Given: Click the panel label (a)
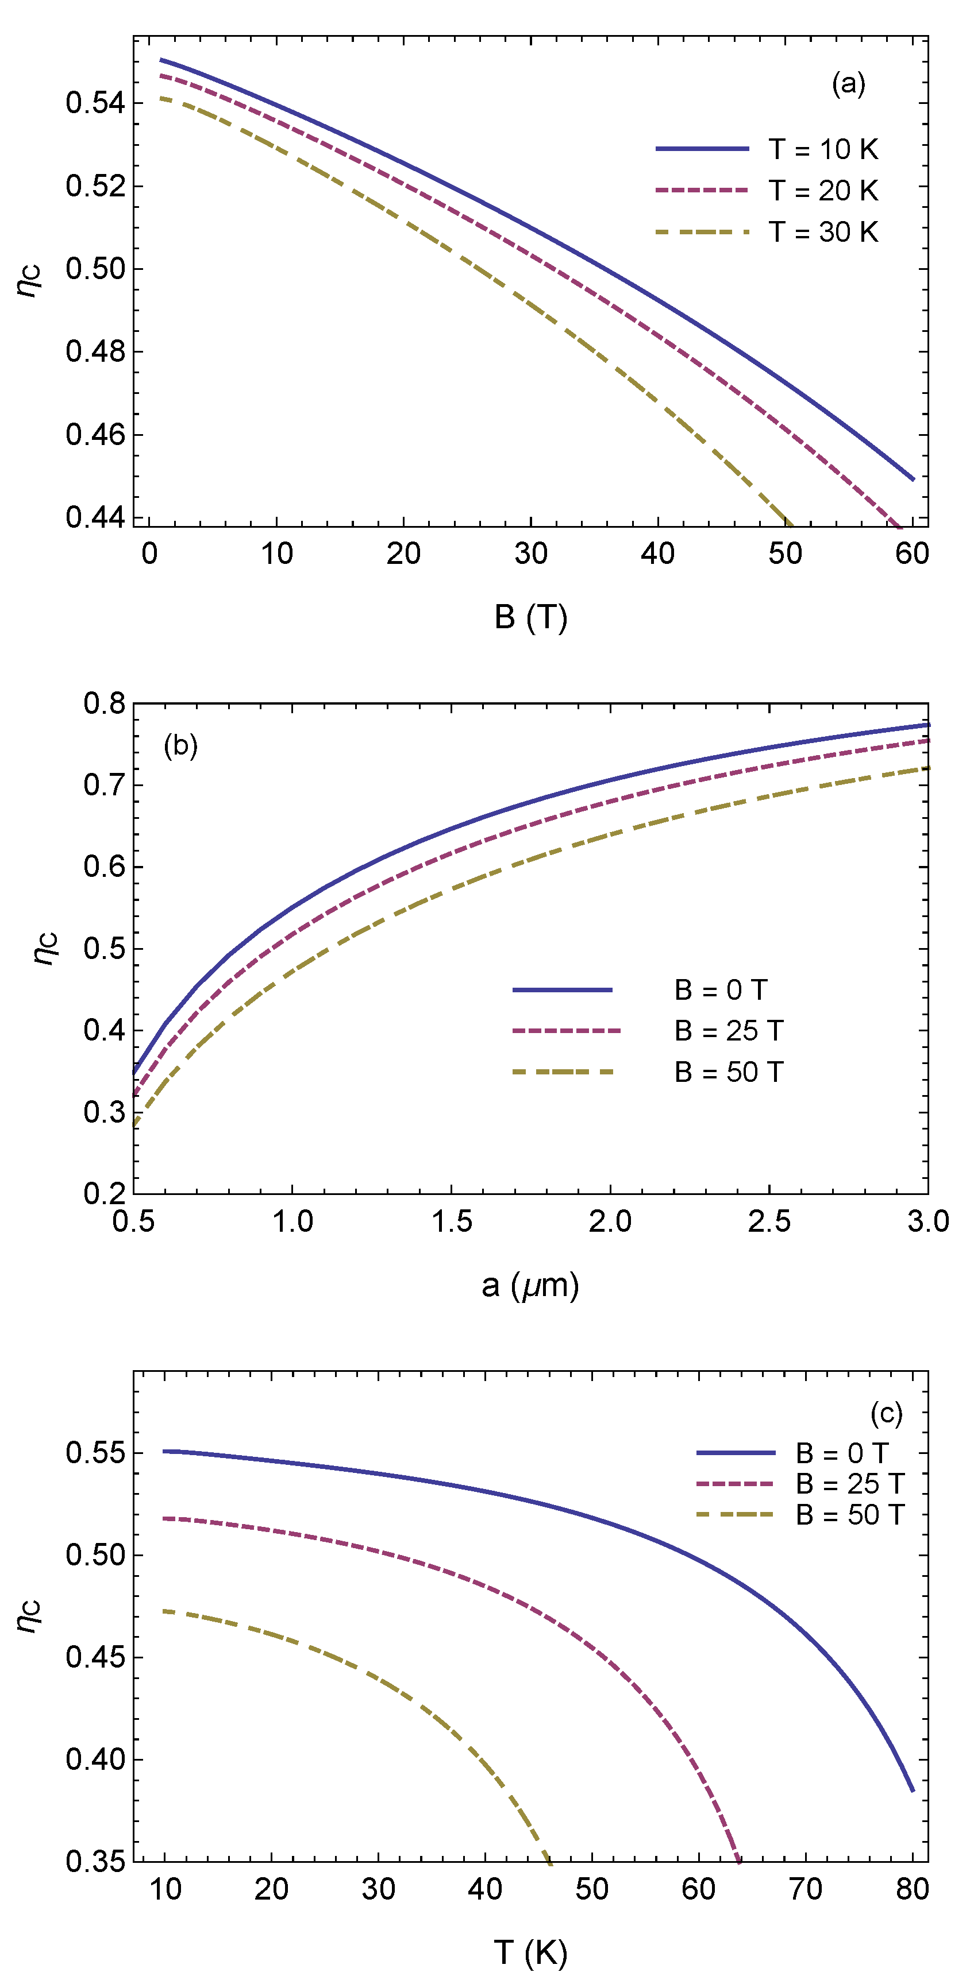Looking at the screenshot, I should [848, 83].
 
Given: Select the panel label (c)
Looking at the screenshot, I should [886, 1413].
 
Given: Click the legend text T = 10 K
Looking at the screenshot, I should [823, 149].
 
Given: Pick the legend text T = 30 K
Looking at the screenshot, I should [823, 232].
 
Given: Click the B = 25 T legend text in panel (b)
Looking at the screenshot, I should [728, 1031].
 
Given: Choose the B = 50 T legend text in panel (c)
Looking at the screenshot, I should [849, 1515].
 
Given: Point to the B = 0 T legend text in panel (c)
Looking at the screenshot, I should [842, 1453].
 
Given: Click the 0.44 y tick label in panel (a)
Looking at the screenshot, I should [95, 517].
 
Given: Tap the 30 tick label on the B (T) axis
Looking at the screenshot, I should [531, 554].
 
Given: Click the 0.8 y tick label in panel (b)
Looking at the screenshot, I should [104, 703].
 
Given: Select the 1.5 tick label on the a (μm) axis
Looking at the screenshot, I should [452, 1221].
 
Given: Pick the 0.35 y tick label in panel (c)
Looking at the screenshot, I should [95, 1862].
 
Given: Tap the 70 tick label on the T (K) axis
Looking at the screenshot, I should [806, 1889].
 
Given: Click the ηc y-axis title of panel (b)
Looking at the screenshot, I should [45, 947].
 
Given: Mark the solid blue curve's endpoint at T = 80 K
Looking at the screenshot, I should [913, 1790].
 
